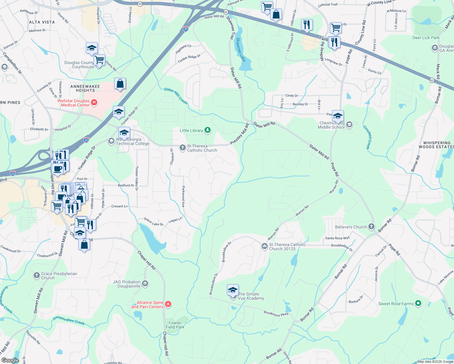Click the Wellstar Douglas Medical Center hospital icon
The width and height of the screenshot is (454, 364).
pyautogui.click(x=94, y=103)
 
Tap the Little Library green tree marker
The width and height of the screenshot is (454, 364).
pyautogui.click(x=208, y=130)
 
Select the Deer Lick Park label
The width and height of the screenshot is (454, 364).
pyautogui.click(x=426, y=38)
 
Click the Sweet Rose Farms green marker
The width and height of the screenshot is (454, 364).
pyautogui.click(x=418, y=303)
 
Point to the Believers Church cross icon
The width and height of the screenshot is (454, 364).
pyautogui.click(x=371, y=227)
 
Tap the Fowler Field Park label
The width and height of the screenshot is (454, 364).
pyautogui.click(x=175, y=325)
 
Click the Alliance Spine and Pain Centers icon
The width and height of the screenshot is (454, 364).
pyautogui.click(x=168, y=304)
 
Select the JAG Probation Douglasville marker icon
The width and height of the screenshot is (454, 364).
pyautogui.click(x=145, y=284)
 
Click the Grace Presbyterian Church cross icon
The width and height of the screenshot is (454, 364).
pyautogui.click(x=36, y=275)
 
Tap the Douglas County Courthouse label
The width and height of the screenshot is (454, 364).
pyautogui.click(x=79, y=65)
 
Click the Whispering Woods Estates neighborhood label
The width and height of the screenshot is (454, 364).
pyautogui.click(x=437, y=145)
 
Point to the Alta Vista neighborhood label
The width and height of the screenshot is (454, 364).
pyautogui.click(x=42, y=22)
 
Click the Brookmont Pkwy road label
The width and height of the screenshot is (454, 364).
pyautogui.click(x=276, y=314)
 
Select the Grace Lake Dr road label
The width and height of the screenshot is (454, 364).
pyautogui.click(x=153, y=222)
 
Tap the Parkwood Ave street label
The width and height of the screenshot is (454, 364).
pyautogui.click(x=183, y=197)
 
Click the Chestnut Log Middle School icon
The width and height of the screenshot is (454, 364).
pyautogui.click(x=349, y=125)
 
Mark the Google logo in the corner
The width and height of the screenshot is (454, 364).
pyautogui.click(x=10, y=360)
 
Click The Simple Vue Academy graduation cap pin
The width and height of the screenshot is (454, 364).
pyautogui.click(x=233, y=291)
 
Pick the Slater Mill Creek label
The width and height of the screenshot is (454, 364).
pyautogui.click(x=176, y=96)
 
